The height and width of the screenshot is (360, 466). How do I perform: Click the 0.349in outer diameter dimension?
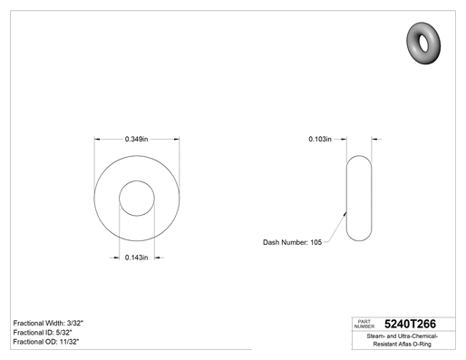coord(137,139)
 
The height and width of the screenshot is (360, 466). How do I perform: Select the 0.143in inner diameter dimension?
coord(137,258)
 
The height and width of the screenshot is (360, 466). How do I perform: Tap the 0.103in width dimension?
coord(320,139)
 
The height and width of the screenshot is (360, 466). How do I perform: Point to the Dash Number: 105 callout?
coord(292,242)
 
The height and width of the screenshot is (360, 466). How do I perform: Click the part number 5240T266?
coord(410,324)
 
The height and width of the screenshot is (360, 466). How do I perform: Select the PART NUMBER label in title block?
coord(364,324)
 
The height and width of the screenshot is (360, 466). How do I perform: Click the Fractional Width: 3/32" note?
coord(48,323)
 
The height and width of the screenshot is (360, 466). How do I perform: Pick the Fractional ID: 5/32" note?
coord(43,333)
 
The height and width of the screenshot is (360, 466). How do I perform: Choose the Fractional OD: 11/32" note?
coord(46,342)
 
